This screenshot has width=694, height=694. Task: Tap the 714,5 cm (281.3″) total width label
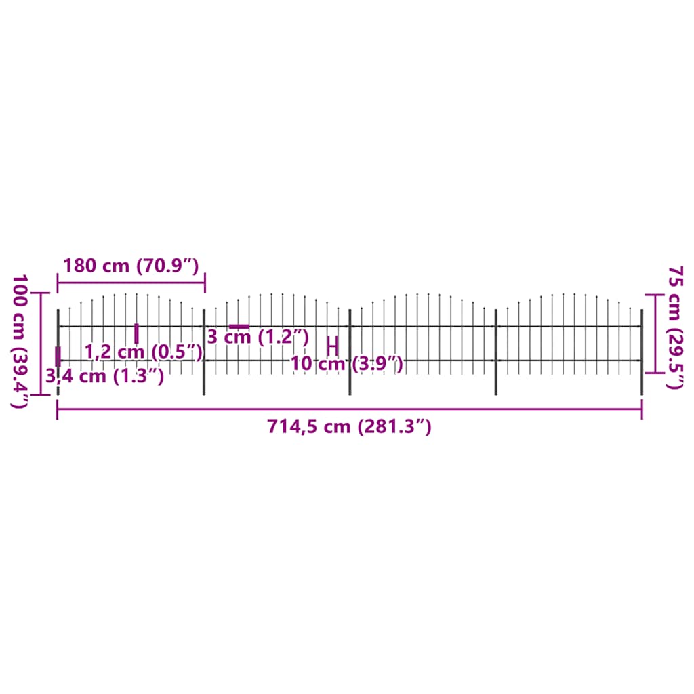tap(349, 427)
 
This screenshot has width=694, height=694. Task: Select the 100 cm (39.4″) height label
tap(20, 341)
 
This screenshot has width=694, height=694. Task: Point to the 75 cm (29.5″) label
tap(675, 327)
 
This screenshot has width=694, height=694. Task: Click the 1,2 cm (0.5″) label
tap(144, 351)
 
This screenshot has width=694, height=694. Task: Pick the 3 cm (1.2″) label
tap(258, 336)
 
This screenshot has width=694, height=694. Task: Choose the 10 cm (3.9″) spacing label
tap(347, 365)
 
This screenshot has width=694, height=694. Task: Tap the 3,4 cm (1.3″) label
tap(105, 375)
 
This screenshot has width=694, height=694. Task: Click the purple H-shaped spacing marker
tap(332, 345)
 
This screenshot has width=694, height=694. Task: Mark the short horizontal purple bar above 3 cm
tap(239, 327)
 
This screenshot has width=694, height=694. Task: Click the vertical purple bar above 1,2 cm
tap(136, 333)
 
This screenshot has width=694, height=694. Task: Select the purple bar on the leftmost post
tap(58, 356)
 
